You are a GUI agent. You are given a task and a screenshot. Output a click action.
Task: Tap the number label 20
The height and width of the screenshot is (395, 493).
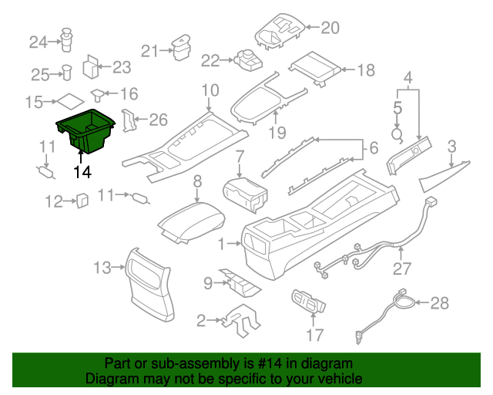click(x=330, y=29)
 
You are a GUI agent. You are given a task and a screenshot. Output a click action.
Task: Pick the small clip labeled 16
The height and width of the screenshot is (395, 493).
click(x=98, y=95)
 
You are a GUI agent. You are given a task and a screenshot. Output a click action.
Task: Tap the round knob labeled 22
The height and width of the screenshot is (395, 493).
click(x=248, y=59)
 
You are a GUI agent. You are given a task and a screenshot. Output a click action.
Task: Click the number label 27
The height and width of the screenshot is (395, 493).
click(x=402, y=269)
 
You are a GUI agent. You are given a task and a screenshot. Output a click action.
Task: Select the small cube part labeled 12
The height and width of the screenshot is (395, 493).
click(x=81, y=201)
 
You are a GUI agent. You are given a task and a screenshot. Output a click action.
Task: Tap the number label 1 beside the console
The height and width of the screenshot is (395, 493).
click(x=222, y=245)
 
